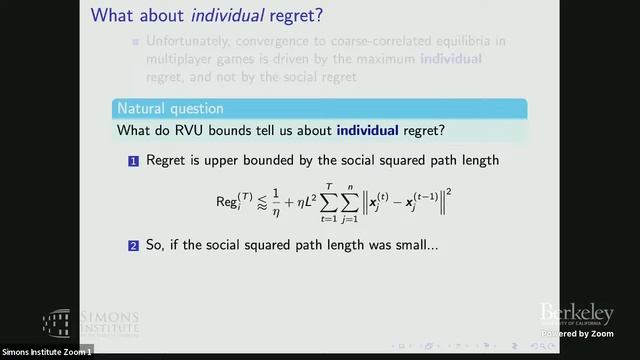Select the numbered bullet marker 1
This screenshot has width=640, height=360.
[x=133, y=161]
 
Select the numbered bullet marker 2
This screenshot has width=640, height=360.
[x=133, y=244]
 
